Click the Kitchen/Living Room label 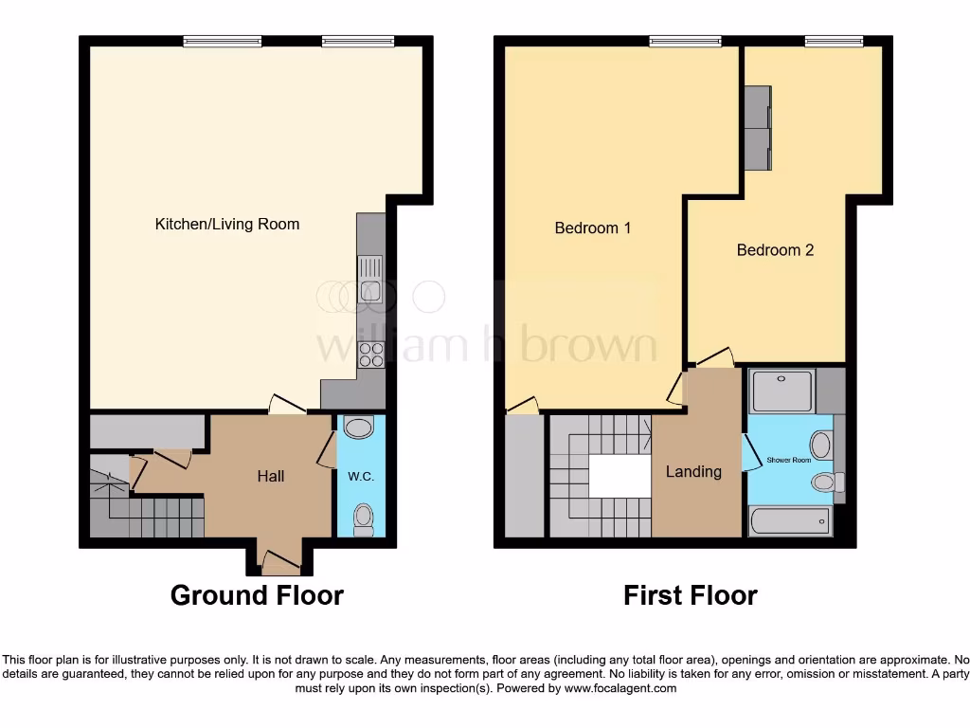coord(227,225)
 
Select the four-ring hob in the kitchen coord(371,354)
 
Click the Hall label coord(271,476)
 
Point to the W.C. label coord(361,476)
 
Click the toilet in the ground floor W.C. coord(362,518)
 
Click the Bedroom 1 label coord(593,228)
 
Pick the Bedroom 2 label coord(775,250)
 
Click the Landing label coord(693,471)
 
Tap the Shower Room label coord(789,461)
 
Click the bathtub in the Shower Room coord(790,521)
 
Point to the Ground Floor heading coord(257,595)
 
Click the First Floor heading coord(690,595)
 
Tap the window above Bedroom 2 coord(835,41)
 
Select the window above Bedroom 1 coord(685,41)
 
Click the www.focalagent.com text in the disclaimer coord(620,688)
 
